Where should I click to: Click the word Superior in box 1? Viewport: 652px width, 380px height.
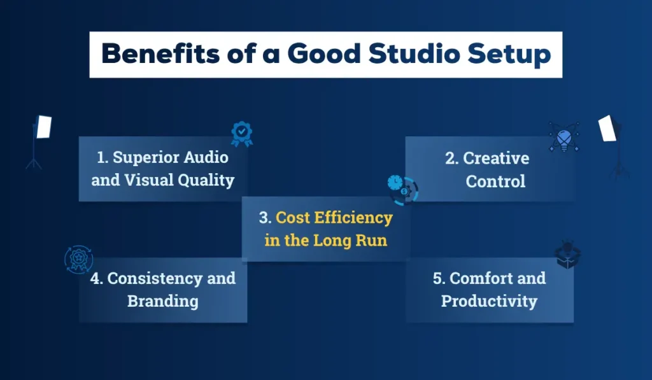click(138, 157)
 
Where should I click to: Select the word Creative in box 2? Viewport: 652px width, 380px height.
click(496, 158)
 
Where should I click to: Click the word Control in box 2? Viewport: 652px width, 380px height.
click(495, 181)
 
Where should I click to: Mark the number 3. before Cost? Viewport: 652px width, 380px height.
click(265, 218)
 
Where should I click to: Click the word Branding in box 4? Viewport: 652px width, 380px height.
click(162, 301)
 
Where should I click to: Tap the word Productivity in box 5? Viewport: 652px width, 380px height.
click(489, 301)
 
